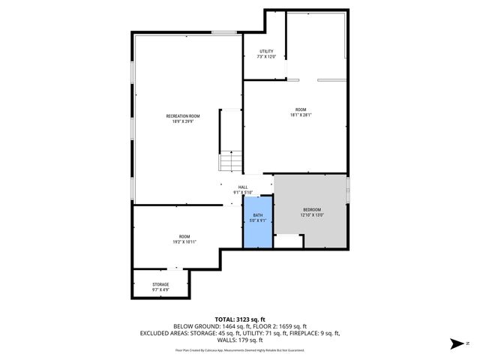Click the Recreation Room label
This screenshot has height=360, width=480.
coord(183,115)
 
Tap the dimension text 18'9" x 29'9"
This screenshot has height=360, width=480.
coord(183,121)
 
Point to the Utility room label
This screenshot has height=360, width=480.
coord(266,51)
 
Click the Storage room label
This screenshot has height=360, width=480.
coord(160,284)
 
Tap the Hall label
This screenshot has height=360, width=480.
coord(243,187)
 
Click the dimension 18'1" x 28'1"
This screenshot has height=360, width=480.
coord(301,115)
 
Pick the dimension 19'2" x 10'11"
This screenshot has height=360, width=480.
coord(184,242)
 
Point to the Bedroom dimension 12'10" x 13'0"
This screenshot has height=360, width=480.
coord(311,215)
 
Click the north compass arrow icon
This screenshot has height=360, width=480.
coord(454,344)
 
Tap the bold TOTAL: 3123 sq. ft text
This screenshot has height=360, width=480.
coord(239,319)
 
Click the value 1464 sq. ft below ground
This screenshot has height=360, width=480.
coord(239,326)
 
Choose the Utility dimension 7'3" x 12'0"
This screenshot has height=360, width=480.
coord(266,57)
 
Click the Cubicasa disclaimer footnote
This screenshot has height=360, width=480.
coord(240,349)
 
